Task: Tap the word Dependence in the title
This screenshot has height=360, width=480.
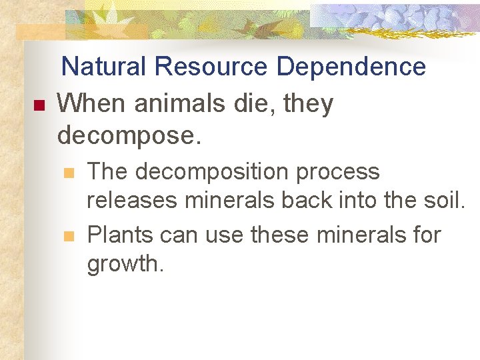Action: [351, 67]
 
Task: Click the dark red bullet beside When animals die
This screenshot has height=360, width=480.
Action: [37, 105]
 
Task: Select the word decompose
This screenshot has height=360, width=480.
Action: [128, 135]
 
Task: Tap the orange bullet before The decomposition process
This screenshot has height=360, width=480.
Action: [67, 173]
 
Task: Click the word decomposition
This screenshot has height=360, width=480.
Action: [212, 173]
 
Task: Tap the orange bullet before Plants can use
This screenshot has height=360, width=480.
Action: [67, 235]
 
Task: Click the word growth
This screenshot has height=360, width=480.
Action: [125, 265]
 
